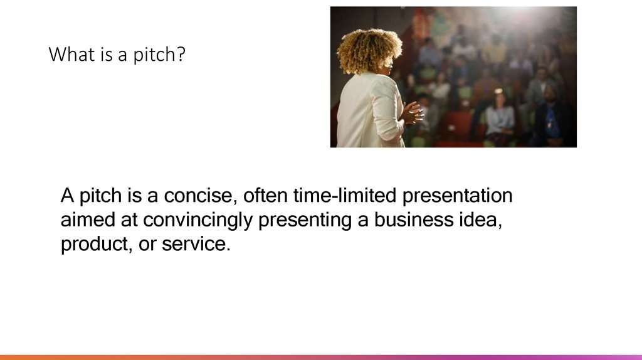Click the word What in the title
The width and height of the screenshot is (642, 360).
(66, 55)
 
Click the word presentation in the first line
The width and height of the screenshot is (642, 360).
(457, 196)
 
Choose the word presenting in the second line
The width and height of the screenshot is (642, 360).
(305, 221)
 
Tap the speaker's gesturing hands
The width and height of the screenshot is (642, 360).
(411, 113)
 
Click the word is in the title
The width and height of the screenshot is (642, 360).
(96, 55)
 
